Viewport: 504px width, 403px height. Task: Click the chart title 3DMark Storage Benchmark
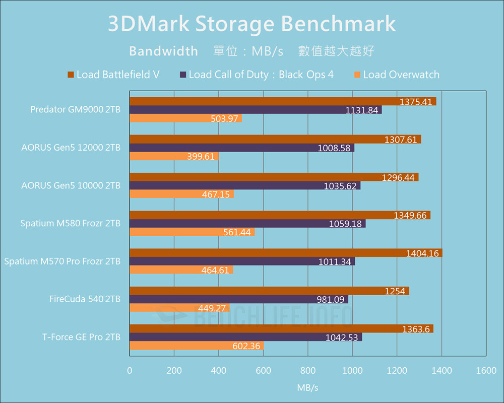(x=252, y=24)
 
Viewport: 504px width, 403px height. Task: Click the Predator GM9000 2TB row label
(x=75, y=109)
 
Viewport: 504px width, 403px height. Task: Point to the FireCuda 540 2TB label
(x=85, y=299)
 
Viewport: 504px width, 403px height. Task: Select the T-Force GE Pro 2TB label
(x=81, y=337)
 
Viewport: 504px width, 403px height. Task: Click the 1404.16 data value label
(x=422, y=253)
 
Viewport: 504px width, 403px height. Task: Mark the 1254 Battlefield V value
(x=394, y=291)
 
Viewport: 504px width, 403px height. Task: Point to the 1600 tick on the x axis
(x=486, y=371)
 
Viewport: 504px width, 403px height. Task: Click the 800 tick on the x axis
(x=308, y=371)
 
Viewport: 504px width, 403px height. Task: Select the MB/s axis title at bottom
(x=307, y=388)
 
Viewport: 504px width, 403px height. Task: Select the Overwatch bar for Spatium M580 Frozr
(x=192, y=232)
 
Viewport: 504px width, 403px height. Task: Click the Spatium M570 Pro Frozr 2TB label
(x=62, y=261)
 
